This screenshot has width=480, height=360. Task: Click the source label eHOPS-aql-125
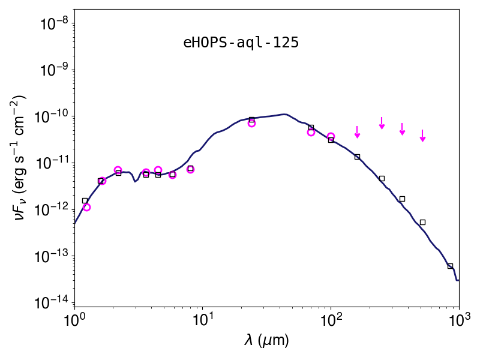241,43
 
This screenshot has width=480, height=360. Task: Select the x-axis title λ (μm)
266,340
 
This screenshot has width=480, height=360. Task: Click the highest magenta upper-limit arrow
382,123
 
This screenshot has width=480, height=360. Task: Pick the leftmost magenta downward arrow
357,132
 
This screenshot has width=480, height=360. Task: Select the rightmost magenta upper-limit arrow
422,136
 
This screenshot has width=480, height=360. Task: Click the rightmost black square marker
450,266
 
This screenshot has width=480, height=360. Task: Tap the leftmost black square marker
85,201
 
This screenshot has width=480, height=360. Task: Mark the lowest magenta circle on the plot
86,207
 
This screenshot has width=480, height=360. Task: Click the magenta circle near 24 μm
251,124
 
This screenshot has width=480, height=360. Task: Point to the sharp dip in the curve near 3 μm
134,182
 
